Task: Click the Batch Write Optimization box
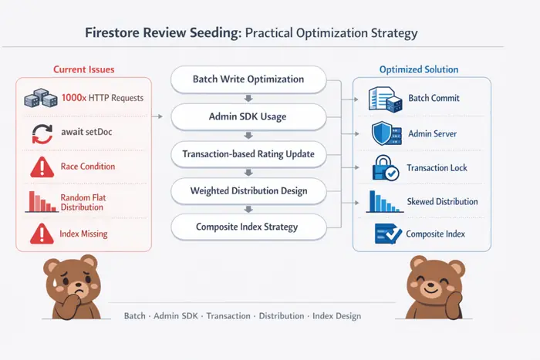248,79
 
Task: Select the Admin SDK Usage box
248,116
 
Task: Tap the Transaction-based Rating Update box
248,154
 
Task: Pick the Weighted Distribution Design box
248,190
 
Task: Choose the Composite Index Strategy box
248,227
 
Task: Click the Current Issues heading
83,69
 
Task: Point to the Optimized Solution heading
419,69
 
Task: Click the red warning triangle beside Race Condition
42,167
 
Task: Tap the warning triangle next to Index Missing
42,234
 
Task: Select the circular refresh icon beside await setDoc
42,133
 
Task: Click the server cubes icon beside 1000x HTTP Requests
41,98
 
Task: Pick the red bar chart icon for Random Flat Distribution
42,202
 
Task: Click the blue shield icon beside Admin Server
386,133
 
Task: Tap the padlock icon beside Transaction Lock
386,168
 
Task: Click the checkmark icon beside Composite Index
388,234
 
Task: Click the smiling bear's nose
430,285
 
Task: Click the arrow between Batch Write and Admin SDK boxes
248,99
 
